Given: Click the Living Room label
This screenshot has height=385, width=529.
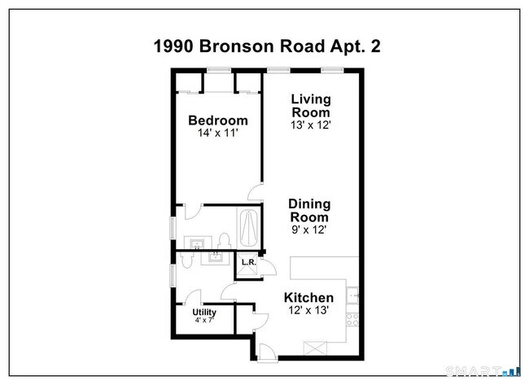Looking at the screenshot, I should tap(311, 106).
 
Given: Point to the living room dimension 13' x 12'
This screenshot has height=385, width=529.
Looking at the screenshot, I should tap(311, 125).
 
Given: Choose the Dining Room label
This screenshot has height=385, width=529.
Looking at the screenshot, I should tap(310, 211).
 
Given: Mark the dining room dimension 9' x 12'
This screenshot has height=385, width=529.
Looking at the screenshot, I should tap(310, 230).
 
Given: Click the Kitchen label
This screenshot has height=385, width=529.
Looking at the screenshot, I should tap(308, 298).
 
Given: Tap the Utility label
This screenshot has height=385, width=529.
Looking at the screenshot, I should tap(204, 312).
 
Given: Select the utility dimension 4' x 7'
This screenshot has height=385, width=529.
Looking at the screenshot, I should tap(204, 321).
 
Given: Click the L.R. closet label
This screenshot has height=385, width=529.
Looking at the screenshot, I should tap(247, 263).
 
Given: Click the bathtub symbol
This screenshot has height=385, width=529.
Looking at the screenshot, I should tap(247, 229).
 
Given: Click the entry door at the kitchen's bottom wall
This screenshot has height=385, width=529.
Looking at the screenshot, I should tap(264, 349).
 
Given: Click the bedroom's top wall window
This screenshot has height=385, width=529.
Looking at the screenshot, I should tap(217, 72).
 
